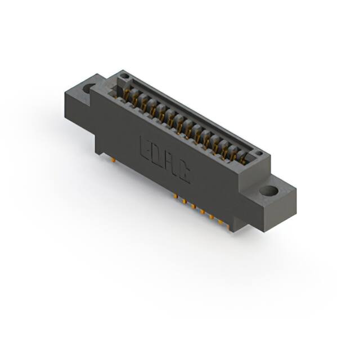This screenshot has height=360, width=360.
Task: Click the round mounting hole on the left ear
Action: [x=91, y=88]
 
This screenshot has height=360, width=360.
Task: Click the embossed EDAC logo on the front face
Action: [x=164, y=159]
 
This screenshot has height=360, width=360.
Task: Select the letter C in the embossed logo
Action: [x=184, y=172]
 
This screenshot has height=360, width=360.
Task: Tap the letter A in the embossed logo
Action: [x=170, y=163]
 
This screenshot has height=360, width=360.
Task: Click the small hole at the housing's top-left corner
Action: [x=126, y=76]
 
